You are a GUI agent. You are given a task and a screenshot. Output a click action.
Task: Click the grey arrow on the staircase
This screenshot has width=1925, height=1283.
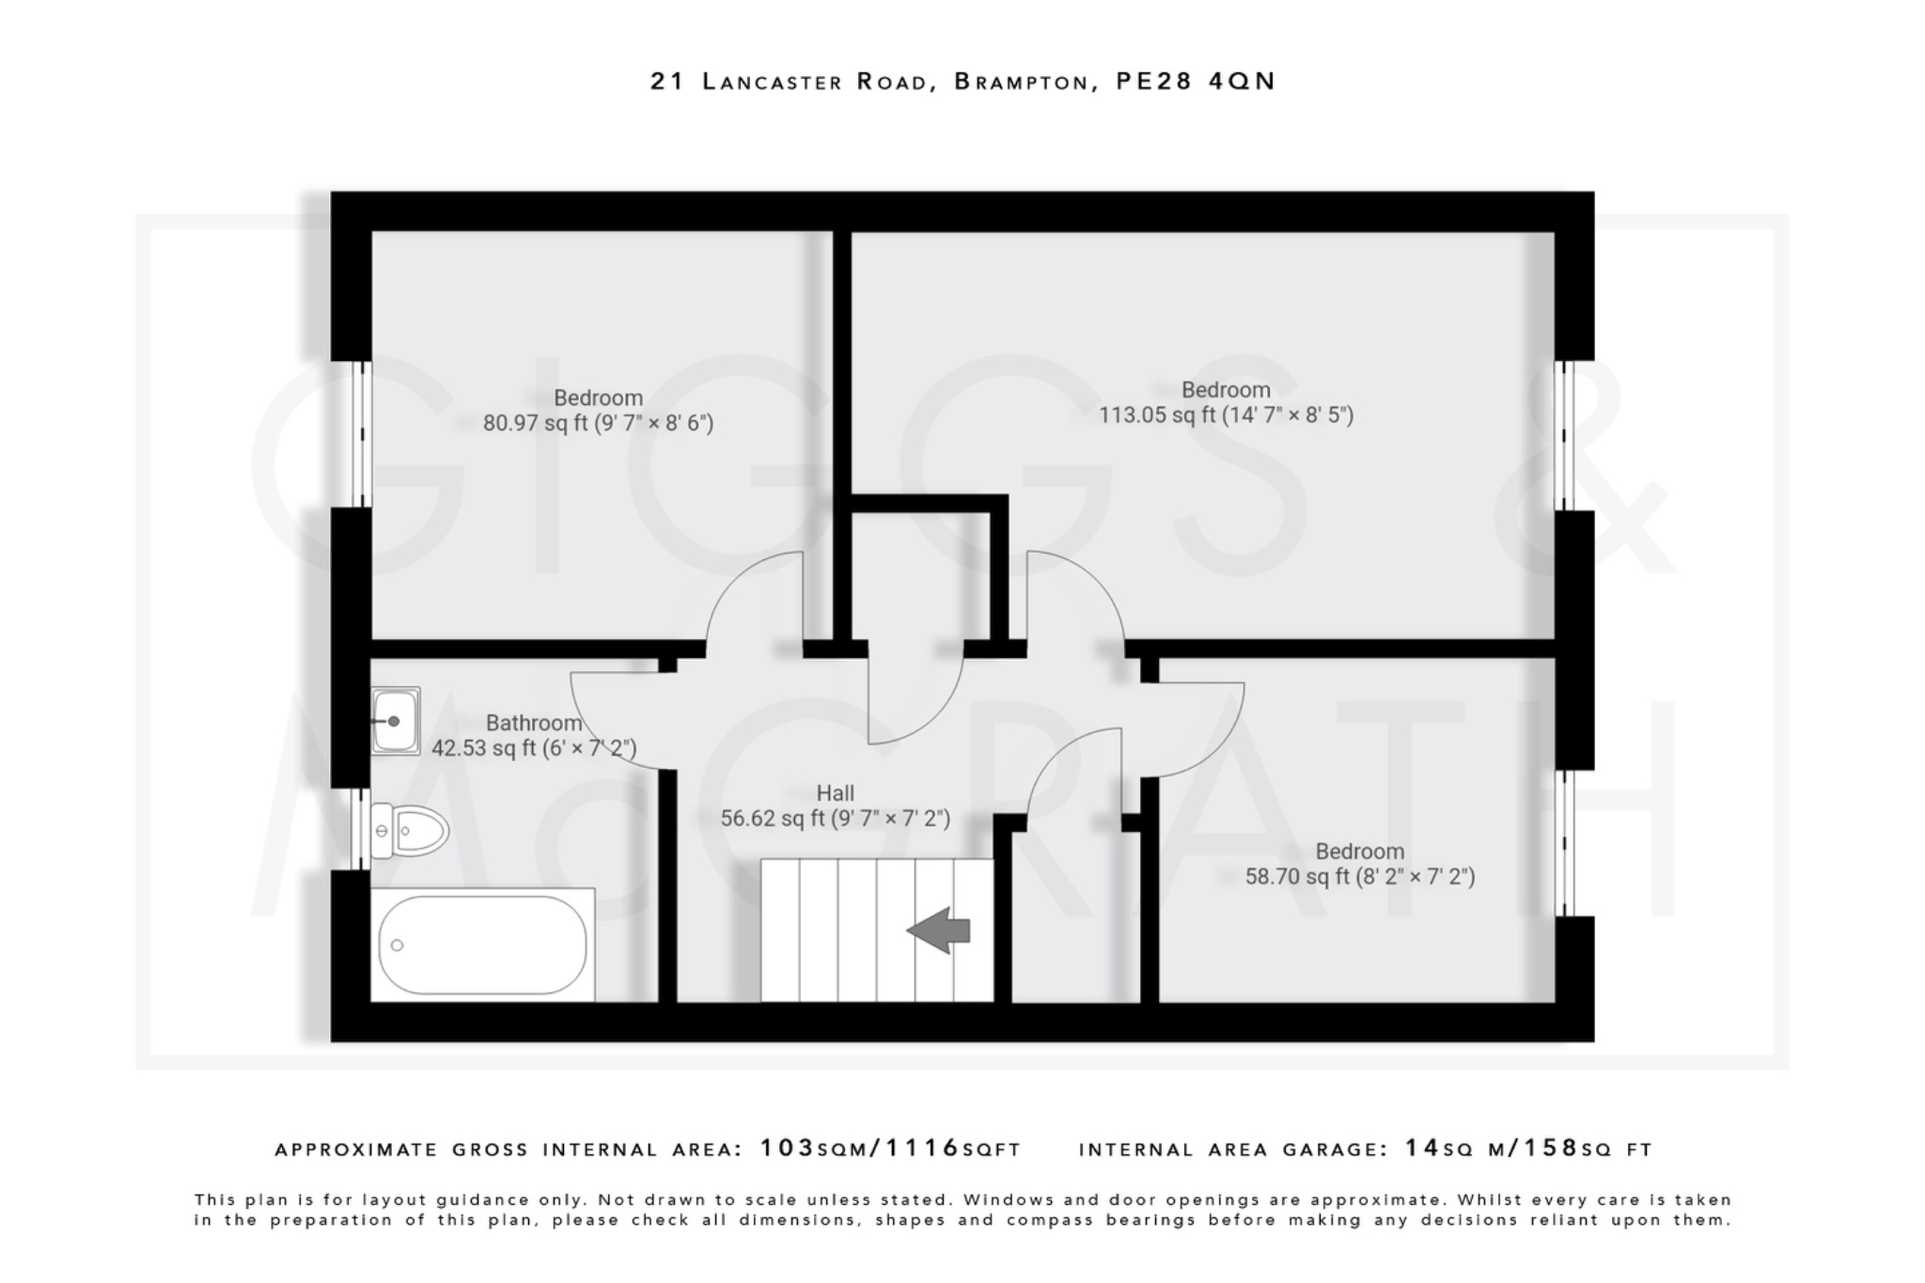[939, 931]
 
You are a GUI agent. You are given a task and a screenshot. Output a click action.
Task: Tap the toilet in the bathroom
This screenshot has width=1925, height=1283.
[410, 831]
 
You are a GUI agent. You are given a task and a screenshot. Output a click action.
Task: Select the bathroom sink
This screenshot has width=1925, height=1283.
[396, 721]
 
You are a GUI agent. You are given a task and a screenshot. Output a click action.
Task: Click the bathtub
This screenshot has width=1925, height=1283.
[482, 945]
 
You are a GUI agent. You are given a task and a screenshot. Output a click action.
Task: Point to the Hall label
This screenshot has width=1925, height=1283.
[835, 793]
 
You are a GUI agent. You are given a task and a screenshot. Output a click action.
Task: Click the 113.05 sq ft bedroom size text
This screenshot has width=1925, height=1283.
[1226, 415]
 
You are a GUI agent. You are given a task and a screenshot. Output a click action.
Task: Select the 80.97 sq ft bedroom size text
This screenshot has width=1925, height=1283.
[598, 423]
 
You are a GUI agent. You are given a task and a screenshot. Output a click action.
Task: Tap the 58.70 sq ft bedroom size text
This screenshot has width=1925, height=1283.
[1359, 877]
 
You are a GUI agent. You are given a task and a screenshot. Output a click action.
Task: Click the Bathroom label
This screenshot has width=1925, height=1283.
[533, 723]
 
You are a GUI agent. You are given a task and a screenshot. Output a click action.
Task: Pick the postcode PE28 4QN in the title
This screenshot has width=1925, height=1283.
[1195, 82]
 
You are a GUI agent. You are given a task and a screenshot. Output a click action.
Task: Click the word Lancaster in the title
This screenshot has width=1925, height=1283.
[773, 82]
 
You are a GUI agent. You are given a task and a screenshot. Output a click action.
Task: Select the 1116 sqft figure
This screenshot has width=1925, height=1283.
[923, 1149]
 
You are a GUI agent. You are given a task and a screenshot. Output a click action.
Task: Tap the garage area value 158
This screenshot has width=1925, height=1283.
[1551, 1149]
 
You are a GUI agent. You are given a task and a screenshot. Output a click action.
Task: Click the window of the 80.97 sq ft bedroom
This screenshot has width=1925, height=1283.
[361, 434]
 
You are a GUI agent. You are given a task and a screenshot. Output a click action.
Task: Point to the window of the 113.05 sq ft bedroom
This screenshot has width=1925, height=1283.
[1564, 435]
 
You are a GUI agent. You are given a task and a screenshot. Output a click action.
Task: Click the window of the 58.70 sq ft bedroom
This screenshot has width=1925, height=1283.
[1564, 843]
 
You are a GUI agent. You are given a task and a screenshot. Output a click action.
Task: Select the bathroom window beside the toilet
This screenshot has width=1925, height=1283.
[361, 829]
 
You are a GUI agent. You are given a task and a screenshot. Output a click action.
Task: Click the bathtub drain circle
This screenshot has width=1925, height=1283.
[398, 945]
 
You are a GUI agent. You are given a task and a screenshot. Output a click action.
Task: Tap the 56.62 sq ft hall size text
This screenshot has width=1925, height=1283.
[835, 819]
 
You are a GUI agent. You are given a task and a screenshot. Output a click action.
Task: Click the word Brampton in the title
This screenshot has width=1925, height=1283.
[1021, 82]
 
